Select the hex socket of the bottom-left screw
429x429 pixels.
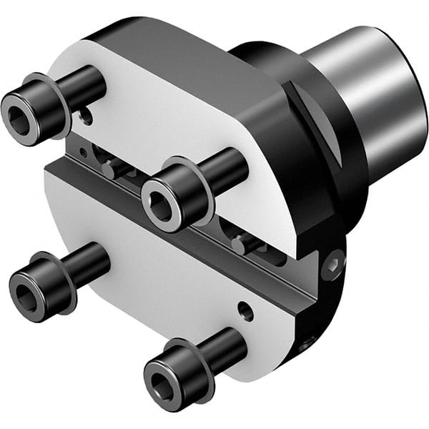coord(28,287)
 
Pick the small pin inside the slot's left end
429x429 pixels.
coord(107,169)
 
